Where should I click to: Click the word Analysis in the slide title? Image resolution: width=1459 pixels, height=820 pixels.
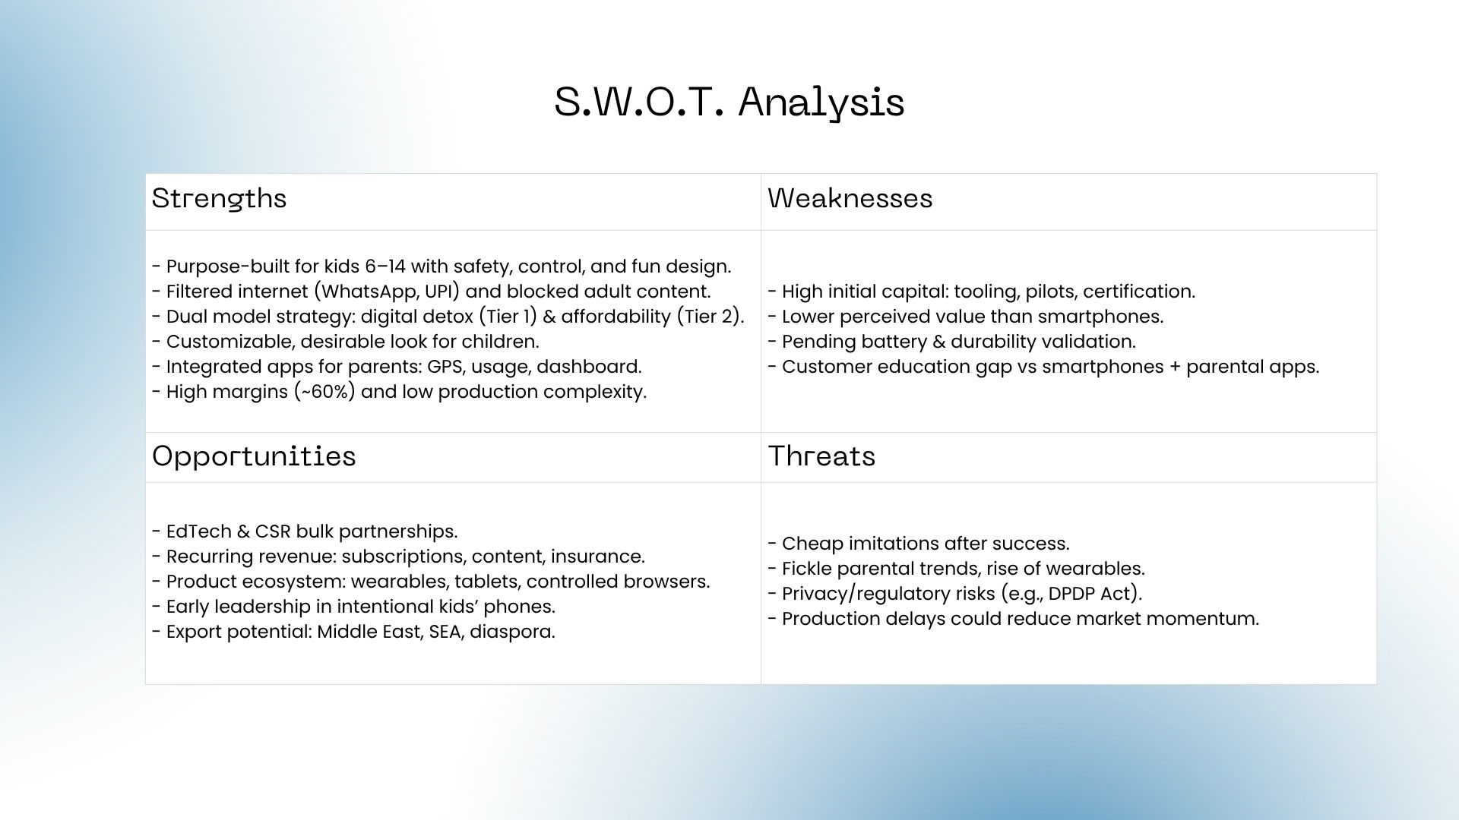point(821,102)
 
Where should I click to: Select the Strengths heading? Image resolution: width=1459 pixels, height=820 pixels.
point(219,199)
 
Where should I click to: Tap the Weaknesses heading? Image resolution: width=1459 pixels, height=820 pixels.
point(850,198)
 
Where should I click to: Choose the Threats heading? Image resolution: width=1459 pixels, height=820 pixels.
point(821,456)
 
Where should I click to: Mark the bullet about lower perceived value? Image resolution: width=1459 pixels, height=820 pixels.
point(966,317)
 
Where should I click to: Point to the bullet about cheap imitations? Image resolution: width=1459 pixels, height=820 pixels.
point(919,544)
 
